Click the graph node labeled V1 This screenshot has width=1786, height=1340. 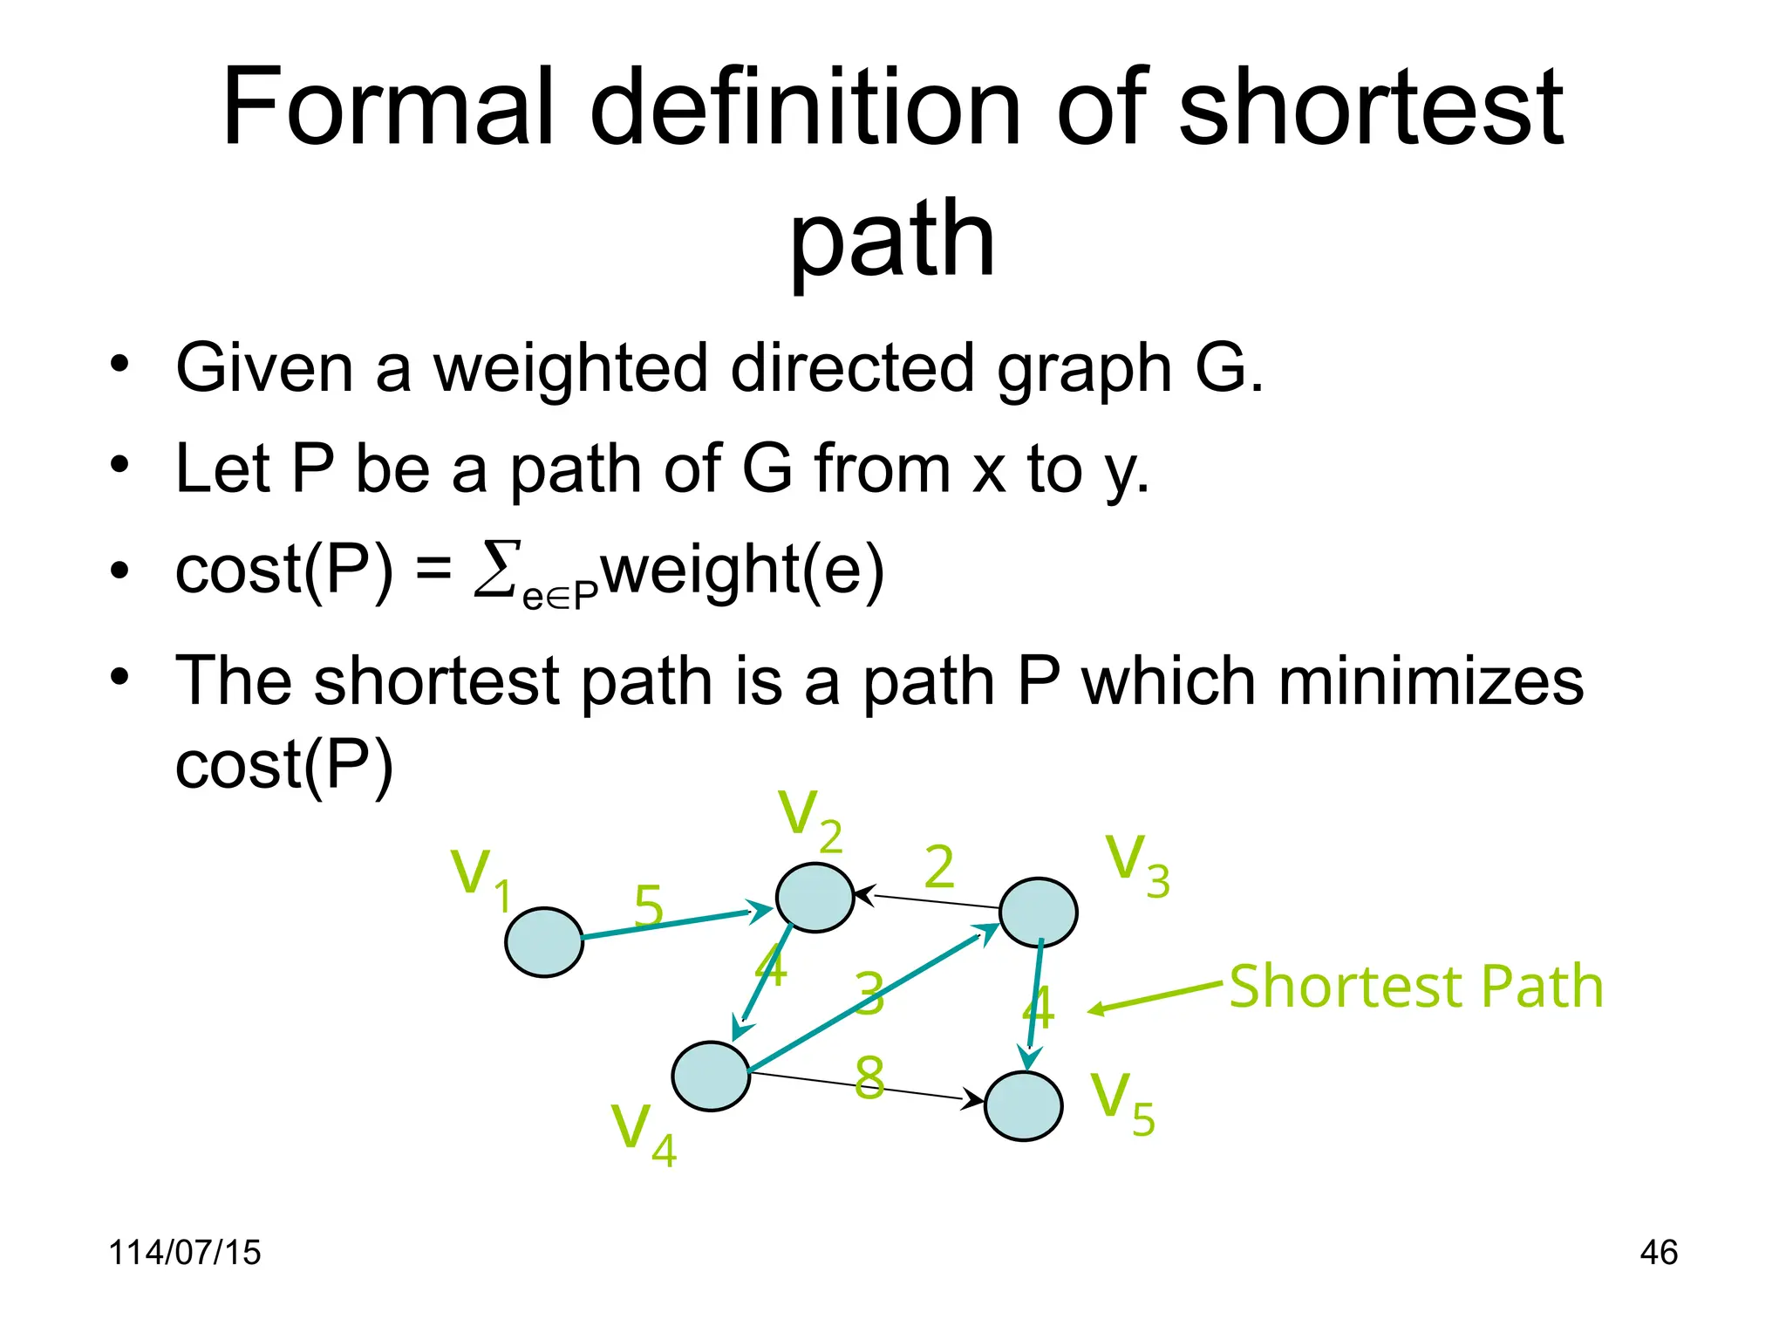click(x=544, y=942)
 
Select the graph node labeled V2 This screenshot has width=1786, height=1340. click(x=815, y=898)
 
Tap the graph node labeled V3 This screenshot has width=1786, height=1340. click(x=1038, y=913)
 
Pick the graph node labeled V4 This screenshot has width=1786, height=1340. click(x=711, y=1076)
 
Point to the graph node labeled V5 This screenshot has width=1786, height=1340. click(x=1023, y=1105)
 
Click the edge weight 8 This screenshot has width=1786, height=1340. click(x=869, y=1077)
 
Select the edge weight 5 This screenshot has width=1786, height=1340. click(x=648, y=906)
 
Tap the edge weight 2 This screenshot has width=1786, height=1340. click(x=939, y=867)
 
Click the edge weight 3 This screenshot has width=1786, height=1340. click(x=869, y=994)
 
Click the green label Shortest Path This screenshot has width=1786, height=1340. click(x=1416, y=987)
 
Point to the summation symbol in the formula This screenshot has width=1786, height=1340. click(x=497, y=569)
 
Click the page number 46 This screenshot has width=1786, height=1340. click(x=1658, y=1252)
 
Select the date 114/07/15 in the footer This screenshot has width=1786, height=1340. click(x=184, y=1252)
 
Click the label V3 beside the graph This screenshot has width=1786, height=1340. click(x=1136, y=865)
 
